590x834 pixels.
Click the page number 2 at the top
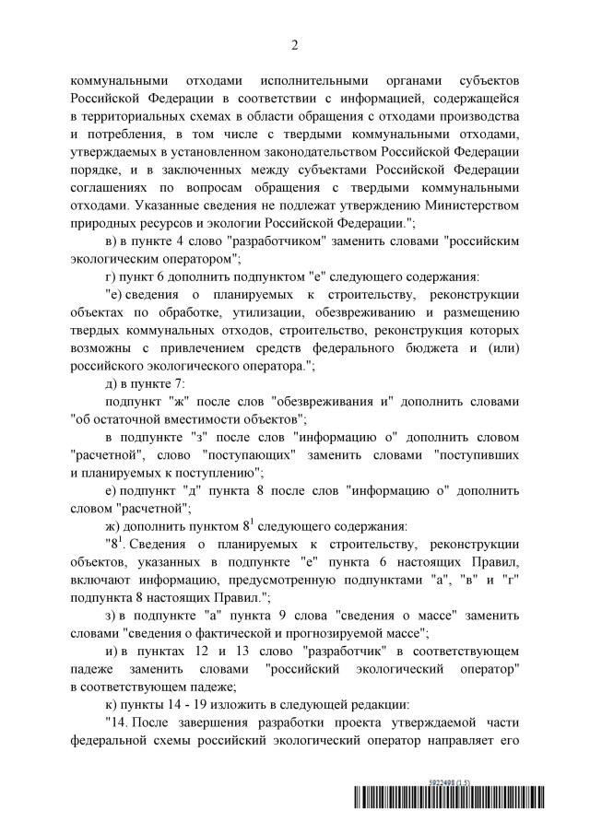[x=295, y=44]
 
